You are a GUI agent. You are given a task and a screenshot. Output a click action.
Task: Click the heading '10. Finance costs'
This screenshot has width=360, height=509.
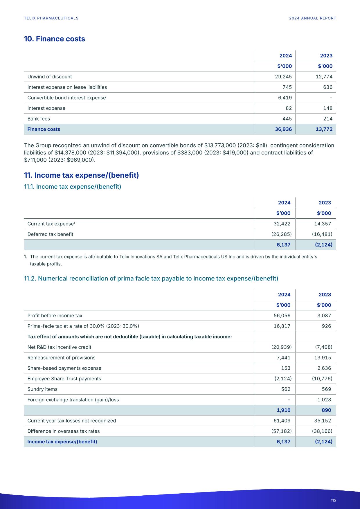click(x=54, y=39)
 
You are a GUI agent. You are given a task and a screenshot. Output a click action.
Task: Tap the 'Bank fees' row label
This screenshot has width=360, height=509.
click(x=39, y=119)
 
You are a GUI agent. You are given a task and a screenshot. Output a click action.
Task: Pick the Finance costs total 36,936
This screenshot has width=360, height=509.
click(x=283, y=129)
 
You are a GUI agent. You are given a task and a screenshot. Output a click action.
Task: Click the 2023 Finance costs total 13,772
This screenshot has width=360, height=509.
click(x=324, y=129)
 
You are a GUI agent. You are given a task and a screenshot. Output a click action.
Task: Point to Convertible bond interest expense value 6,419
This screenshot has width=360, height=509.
click(x=285, y=98)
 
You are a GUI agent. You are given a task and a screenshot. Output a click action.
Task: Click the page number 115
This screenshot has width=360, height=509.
click(x=333, y=500)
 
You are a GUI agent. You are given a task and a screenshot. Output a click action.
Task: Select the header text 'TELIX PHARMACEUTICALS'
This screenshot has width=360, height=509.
click(x=51, y=18)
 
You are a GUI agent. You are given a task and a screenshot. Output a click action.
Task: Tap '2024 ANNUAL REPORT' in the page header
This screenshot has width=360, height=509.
click(x=312, y=18)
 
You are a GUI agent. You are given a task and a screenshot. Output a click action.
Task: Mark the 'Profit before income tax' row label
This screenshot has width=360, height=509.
click(x=55, y=316)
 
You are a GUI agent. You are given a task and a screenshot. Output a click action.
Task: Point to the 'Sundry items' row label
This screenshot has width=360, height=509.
click(x=42, y=389)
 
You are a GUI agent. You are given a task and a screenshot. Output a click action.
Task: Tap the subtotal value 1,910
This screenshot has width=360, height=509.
click(x=283, y=410)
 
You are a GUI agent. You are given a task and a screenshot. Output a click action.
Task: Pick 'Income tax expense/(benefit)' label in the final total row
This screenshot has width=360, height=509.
click(x=62, y=442)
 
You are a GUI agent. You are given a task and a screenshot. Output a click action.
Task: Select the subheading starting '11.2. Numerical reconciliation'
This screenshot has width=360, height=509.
click(x=151, y=279)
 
